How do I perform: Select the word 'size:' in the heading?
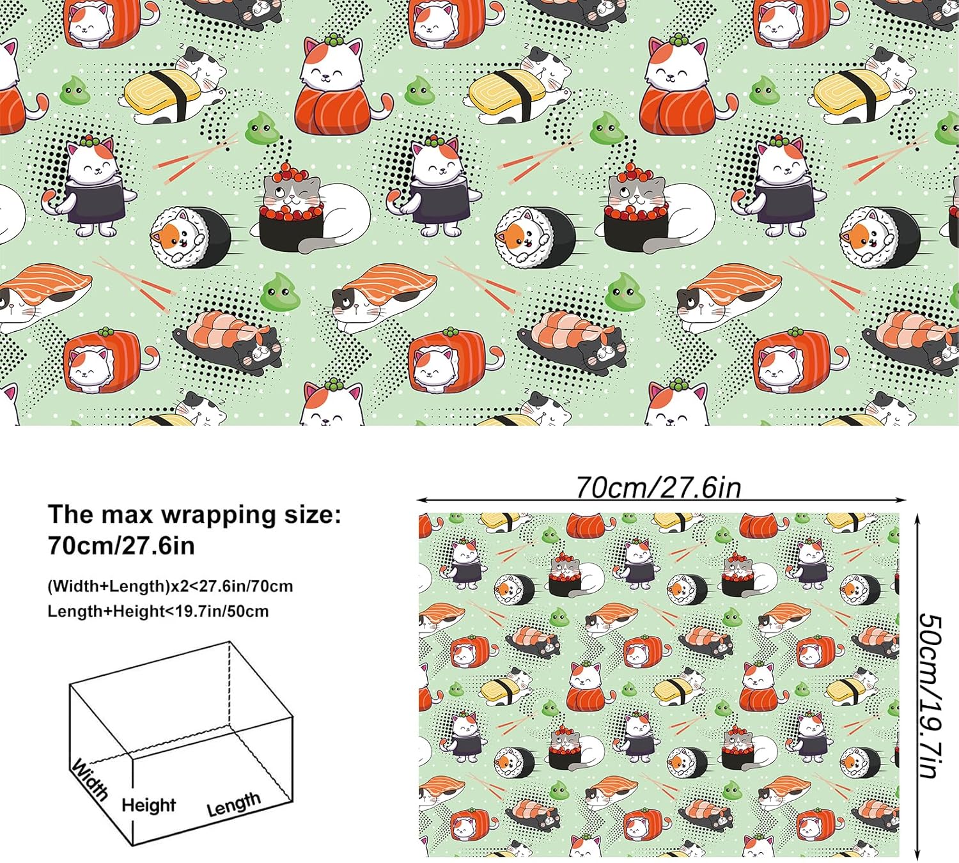pos(311,515)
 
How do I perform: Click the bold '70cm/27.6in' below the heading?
pos(121,545)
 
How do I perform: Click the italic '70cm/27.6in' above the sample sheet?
pos(659,488)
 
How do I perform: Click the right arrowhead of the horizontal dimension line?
pos(901,501)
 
